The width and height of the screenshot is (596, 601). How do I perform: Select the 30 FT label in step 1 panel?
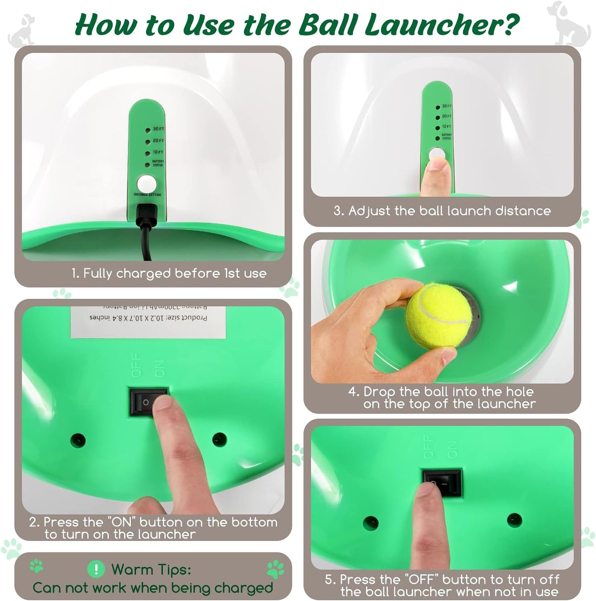pos(158,129)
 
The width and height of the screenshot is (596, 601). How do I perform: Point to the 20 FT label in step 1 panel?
pos(158,141)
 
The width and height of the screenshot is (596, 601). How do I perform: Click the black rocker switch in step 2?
pos(149,401)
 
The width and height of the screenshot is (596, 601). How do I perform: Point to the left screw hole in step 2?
pos(78,440)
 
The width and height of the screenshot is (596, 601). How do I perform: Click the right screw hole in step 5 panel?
pos(514,520)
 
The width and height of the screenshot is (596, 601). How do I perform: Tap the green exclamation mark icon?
pos(96,570)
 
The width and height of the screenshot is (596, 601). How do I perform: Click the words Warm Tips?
pos(151,570)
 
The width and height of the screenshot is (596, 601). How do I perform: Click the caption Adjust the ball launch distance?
pos(442,211)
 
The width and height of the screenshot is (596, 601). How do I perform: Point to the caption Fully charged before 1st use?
pos(169,273)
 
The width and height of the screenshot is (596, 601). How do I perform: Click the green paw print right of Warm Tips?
pos(275,570)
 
